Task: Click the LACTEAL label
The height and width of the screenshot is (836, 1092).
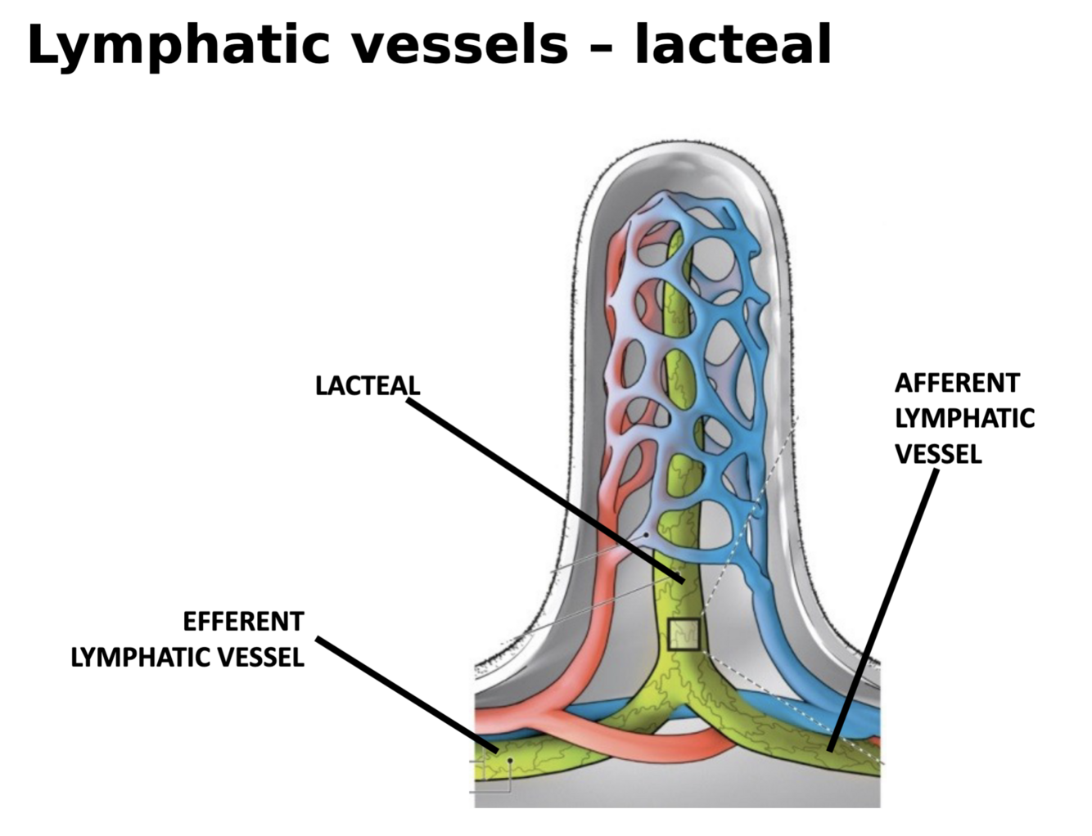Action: coord(367,385)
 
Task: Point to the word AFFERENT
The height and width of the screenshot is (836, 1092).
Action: coord(956,383)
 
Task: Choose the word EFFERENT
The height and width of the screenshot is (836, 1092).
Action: coord(243,622)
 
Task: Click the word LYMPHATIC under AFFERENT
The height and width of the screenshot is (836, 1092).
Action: coord(964,418)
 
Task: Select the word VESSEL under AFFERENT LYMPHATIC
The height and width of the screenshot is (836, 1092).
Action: coord(938,453)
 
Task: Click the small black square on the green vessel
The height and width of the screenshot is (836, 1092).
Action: coord(684,634)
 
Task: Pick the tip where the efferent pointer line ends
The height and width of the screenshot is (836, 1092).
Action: coord(496,749)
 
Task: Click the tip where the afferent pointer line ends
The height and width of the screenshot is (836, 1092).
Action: coord(830,748)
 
